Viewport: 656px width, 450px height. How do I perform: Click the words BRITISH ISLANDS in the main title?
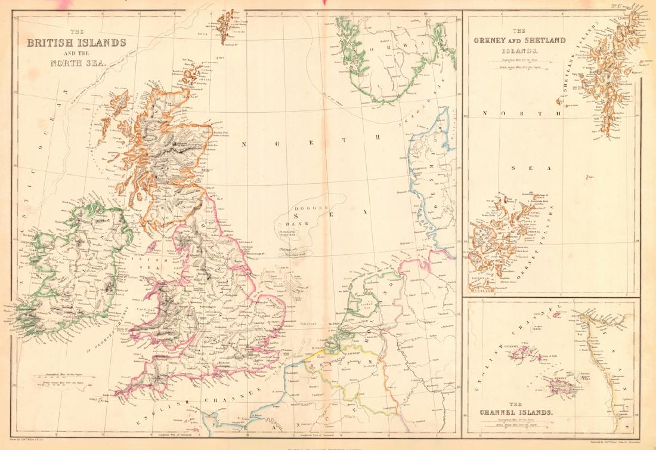[x=75, y=43]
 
